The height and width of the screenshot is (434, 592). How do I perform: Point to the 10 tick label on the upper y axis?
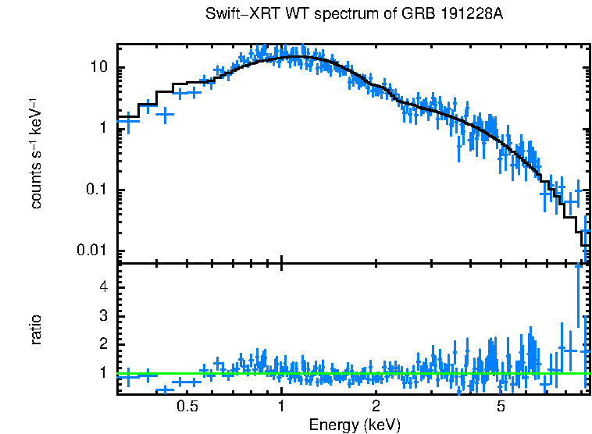tap(98, 68)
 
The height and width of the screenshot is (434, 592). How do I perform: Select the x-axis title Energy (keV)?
tap(355, 425)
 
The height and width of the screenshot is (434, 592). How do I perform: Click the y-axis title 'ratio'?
tap(36, 329)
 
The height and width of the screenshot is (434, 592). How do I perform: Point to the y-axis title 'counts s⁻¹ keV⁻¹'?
tap(36, 155)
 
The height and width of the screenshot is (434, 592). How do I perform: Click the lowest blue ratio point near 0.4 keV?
tap(164, 389)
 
